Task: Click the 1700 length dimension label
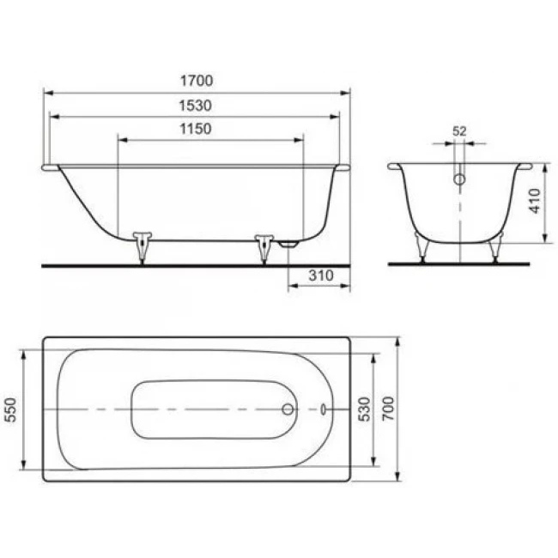tap(197, 81)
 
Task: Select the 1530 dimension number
tap(196, 106)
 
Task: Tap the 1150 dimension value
tap(196, 129)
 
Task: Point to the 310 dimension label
tap(321, 276)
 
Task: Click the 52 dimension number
tap(459, 131)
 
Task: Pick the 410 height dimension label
tap(535, 201)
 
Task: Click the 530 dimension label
tap(364, 409)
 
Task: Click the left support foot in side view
tap(143, 247)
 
